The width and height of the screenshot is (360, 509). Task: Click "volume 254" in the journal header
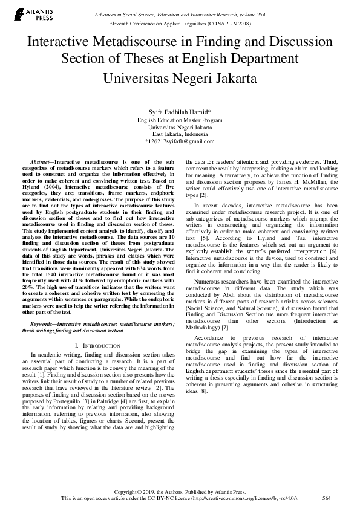tap(257, 13)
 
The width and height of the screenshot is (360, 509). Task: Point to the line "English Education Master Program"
tap(180, 120)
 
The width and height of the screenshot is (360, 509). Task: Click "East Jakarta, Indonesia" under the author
tap(180, 134)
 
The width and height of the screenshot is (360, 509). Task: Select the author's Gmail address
tap(180, 141)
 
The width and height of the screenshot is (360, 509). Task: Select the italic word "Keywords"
tap(43, 324)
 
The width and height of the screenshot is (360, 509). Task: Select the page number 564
tap(327, 499)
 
